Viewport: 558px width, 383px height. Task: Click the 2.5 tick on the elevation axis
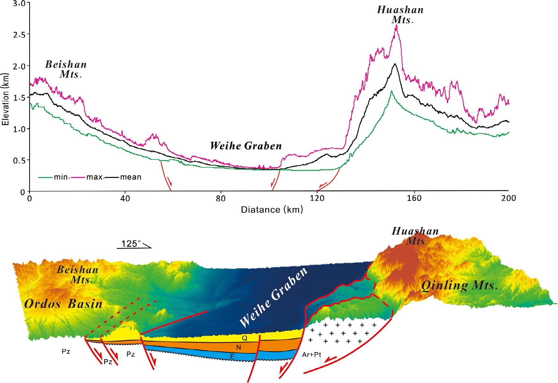[x=19, y=34]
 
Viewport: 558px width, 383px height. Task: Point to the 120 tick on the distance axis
[x=317, y=198]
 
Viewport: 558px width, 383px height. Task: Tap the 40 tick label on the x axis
[x=125, y=198]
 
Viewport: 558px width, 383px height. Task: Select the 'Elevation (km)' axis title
[x=5, y=100]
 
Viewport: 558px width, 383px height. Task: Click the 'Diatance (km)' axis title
[x=272, y=209]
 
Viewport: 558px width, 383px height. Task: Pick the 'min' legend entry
[x=61, y=177]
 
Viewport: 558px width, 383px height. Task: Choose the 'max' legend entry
[x=94, y=177]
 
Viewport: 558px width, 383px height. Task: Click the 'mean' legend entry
[x=130, y=177]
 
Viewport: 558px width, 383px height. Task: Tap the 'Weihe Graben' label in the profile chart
[x=246, y=146]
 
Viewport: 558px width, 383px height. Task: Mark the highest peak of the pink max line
[x=397, y=25]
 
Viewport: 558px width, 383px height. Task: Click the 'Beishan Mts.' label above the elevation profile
[x=66, y=69]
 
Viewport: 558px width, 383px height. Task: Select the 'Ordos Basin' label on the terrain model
[x=63, y=304]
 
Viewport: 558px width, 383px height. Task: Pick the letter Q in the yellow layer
[x=245, y=338]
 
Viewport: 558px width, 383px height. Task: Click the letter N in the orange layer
[x=239, y=347]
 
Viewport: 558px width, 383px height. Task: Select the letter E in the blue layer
[x=232, y=356]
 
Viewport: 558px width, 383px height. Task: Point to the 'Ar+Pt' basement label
[x=312, y=355]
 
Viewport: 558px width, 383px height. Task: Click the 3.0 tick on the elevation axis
[x=19, y=4]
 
